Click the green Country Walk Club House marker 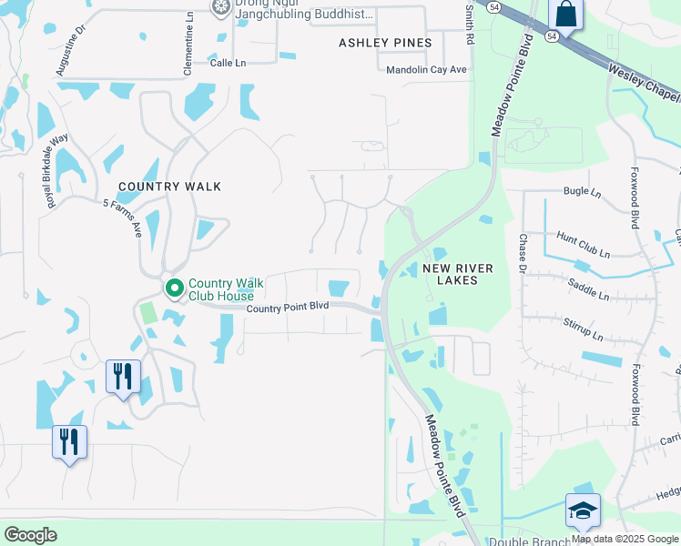point(175,288)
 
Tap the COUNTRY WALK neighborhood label point(169,187)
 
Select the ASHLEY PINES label point(385,43)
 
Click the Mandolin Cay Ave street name point(426,69)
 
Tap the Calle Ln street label point(229,63)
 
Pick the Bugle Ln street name point(583,192)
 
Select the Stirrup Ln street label point(584,327)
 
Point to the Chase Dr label point(523,252)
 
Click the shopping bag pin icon point(565,15)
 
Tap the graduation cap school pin point(583,511)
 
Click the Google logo point(31,534)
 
